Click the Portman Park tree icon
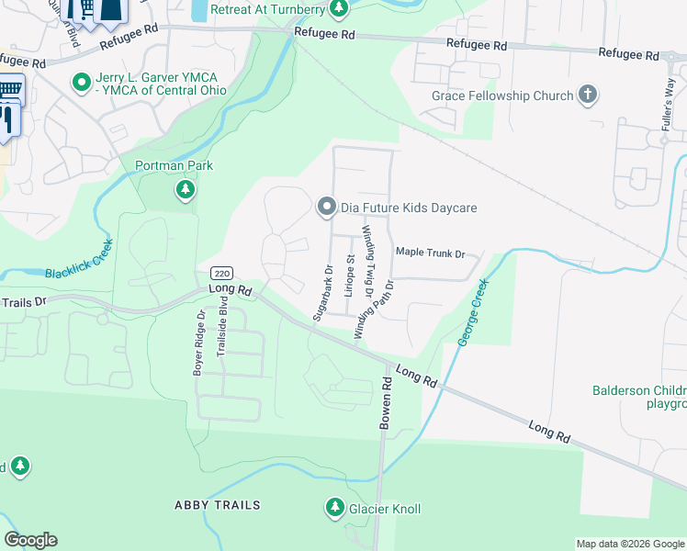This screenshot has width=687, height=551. coord(186,190)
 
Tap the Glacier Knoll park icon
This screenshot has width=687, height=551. coord(335,507)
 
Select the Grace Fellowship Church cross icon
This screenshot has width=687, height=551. coord(587,95)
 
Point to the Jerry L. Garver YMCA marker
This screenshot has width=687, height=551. coord(82,83)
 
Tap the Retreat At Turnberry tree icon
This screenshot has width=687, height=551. coord(340,9)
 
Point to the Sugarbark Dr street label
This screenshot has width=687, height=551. coord(321,293)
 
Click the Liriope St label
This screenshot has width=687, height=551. coord(350,276)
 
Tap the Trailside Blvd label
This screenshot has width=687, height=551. coord(221,339)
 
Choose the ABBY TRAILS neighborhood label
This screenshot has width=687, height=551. coord(218,505)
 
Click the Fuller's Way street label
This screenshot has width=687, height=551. coord(668,102)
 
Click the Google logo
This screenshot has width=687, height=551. coord(30,540)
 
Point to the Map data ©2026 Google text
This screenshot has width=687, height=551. coord(629,544)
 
